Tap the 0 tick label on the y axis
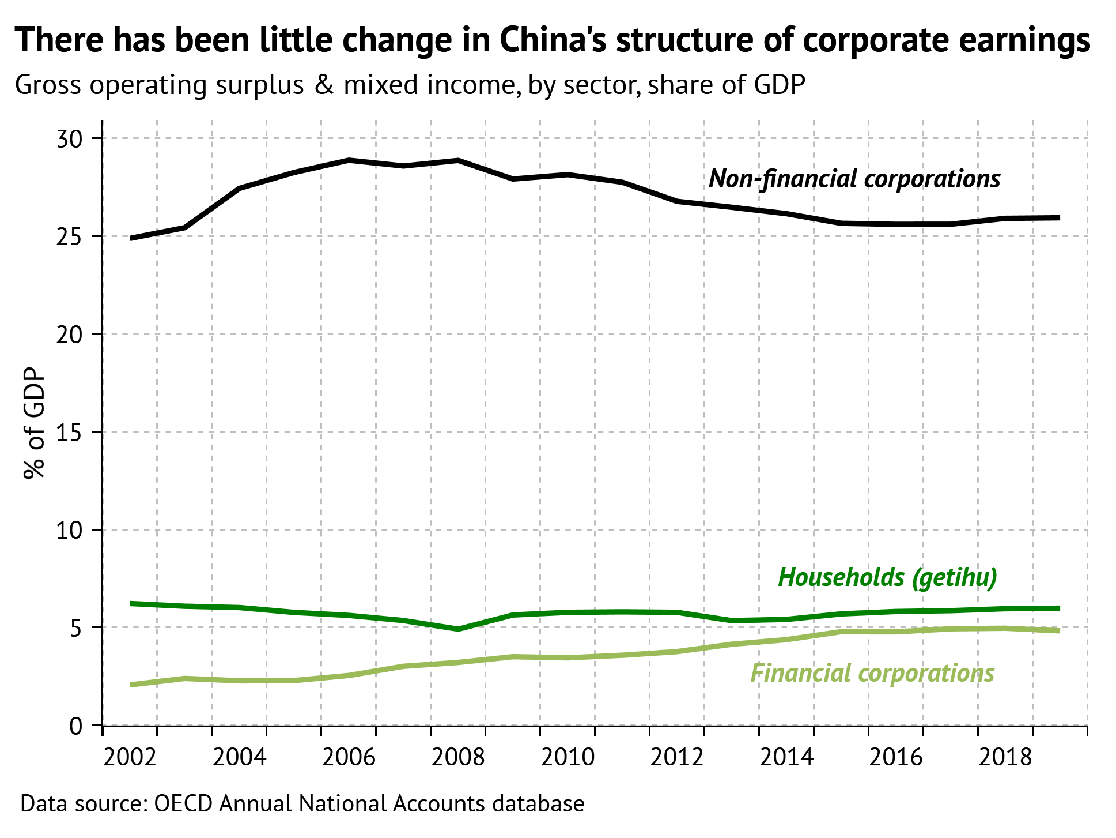76,726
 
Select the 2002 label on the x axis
130,757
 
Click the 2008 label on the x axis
458,757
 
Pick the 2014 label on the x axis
786,757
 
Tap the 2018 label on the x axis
1005,757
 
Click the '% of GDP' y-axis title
35,424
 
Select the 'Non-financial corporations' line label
854,179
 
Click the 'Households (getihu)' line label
887,577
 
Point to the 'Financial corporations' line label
872,673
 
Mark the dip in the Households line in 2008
458,629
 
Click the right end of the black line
1059,217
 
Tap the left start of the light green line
132,685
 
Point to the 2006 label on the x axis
349,757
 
